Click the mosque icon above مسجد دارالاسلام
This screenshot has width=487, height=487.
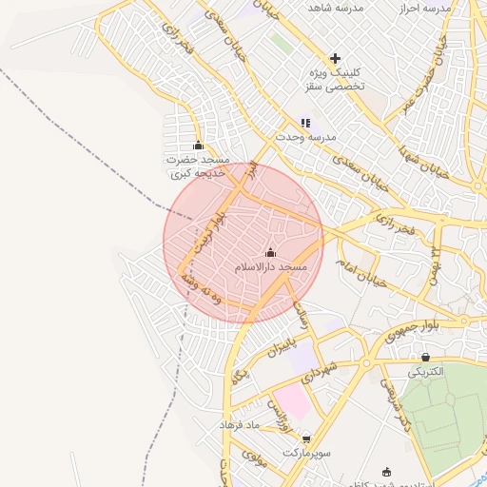click(x=270, y=252)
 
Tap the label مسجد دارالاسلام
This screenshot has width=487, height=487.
click(x=271, y=268)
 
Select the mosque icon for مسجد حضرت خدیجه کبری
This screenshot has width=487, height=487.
click(x=198, y=146)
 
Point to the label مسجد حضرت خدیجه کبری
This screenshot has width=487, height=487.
click(x=197, y=167)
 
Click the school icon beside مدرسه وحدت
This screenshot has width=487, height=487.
click(x=305, y=123)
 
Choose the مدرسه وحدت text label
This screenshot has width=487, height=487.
click(x=307, y=137)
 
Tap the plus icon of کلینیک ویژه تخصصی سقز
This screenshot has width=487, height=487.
click(x=335, y=58)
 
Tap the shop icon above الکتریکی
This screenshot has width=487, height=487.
click(x=424, y=357)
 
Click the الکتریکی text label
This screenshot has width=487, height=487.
click(x=425, y=372)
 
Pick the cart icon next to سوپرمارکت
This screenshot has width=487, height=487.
click(x=306, y=439)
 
